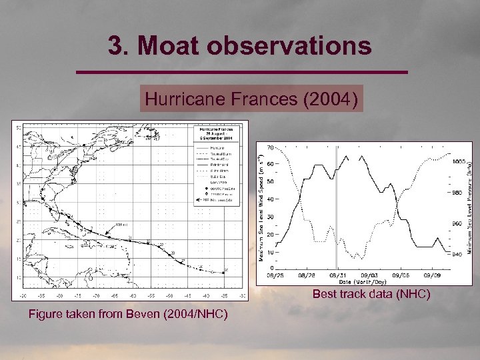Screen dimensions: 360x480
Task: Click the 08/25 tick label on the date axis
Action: pos(275,274)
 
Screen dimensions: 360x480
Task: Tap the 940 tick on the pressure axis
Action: pos(458,254)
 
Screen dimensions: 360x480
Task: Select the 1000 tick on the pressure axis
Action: pos(458,162)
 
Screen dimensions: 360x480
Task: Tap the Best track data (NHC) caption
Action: pos(371,294)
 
